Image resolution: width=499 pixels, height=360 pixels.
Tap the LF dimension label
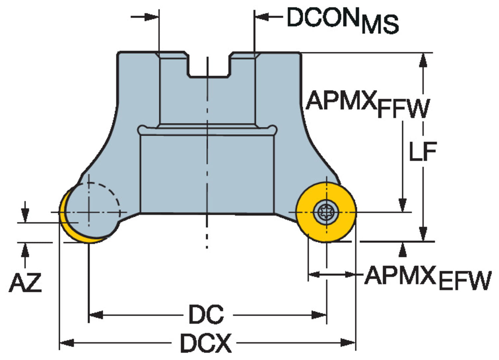(x=422, y=151)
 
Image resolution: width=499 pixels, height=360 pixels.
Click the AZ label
(x=26, y=283)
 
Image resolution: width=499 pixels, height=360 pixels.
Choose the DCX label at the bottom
(x=206, y=343)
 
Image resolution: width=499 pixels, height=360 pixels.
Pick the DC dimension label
(x=206, y=314)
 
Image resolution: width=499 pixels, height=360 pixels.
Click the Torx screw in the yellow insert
(x=326, y=212)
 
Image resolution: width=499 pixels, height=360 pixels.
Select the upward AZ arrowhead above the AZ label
(x=25, y=249)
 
